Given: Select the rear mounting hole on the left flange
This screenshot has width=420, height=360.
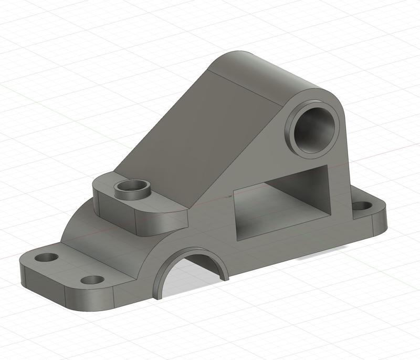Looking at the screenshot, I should pyautogui.click(x=48, y=258).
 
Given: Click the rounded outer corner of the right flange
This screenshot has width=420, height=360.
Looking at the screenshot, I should pyautogui.click(x=382, y=223).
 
